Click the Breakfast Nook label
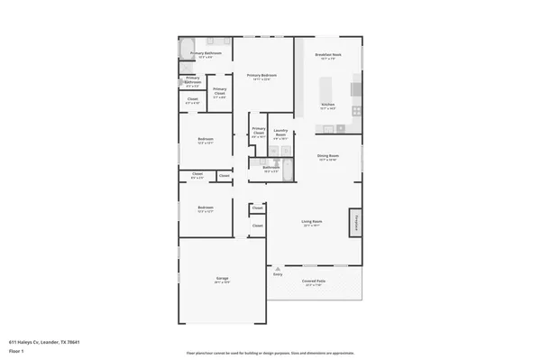point(326,57)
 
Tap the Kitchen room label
point(327,106)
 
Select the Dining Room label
point(327,157)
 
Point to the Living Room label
point(313,223)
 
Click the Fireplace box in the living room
point(357,221)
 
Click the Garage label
point(222,280)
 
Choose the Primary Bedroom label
point(262,78)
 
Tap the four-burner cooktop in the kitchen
point(356,111)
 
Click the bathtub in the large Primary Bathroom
point(187,47)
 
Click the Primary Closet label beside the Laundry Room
point(258,134)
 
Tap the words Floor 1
point(16,351)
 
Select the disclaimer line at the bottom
point(270,353)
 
